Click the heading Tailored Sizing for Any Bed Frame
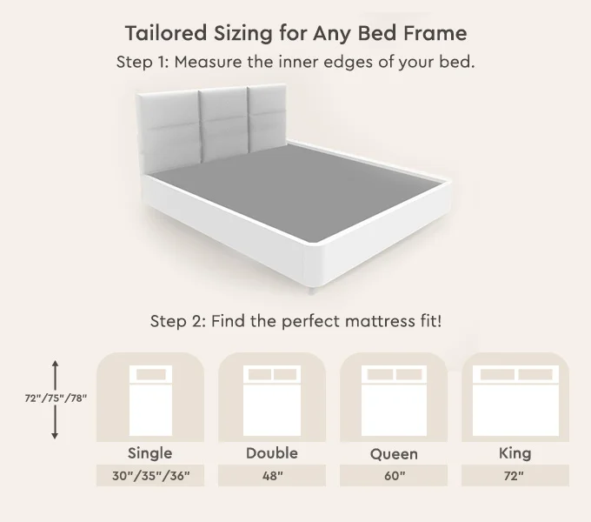pyautogui.click(x=295, y=33)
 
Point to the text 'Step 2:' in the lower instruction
pyautogui.click(x=177, y=320)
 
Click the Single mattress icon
pyautogui.click(x=149, y=401)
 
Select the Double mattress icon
pyautogui.click(x=272, y=401)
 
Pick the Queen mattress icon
pyautogui.click(x=394, y=401)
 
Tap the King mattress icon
pyautogui.click(x=515, y=401)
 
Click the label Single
pyautogui.click(x=149, y=453)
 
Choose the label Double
pyautogui.click(x=272, y=453)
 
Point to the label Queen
pyautogui.click(x=394, y=454)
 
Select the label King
pyautogui.click(x=515, y=453)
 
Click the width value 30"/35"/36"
pyautogui.click(x=149, y=476)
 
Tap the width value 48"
pyautogui.click(x=272, y=476)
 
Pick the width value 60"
pyautogui.click(x=394, y=476)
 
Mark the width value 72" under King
pyautogui.click(x=515, y=476)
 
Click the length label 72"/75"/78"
pyautogui.click(x=56, y=398)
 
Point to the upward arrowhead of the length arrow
pyautogui.click(x=56, y=364)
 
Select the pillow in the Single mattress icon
pyautogui.click(x=149, y=375)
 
